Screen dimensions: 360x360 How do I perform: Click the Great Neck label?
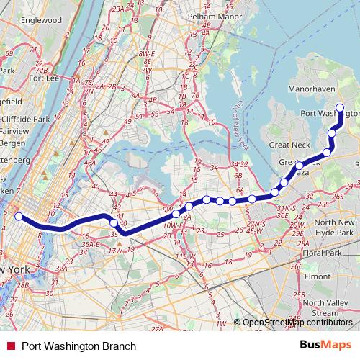(x=289, y=145)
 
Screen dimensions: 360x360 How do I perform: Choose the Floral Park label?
(x=322, y=254)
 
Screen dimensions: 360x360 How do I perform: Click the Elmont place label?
(x=318, y=276)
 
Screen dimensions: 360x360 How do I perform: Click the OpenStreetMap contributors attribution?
(x=298, y=323)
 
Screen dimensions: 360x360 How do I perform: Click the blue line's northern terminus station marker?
(x=340, y=109)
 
